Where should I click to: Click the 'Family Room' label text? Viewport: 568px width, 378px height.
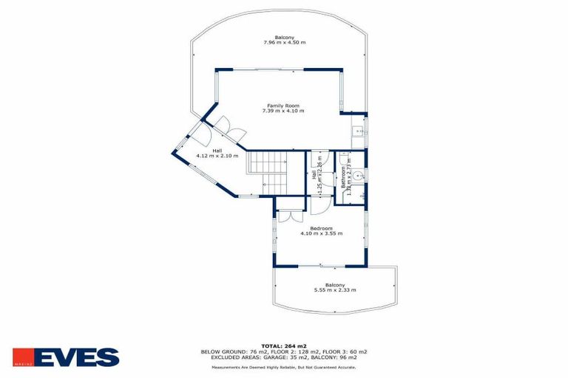(x=283, y=105)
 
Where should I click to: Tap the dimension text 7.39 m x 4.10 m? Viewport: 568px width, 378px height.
(x=283, y=111)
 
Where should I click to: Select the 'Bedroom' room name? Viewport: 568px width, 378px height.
(x=321, y=228)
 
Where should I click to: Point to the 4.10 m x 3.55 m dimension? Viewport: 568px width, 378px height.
(x=321, y=234)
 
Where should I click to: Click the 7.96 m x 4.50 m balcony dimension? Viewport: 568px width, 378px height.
(x=284, y=43)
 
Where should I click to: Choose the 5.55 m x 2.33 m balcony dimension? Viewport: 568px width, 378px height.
(x=335, y=290)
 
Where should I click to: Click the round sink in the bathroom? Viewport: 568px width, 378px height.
(x=358, y=176)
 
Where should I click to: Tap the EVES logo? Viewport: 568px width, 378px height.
(x=66, y=357)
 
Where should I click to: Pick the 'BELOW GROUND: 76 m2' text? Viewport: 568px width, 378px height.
(x=229, y=351)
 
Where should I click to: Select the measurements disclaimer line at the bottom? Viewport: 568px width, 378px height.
(x=284, y=366)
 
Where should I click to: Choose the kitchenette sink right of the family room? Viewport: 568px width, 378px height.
(x=359, y=134)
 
